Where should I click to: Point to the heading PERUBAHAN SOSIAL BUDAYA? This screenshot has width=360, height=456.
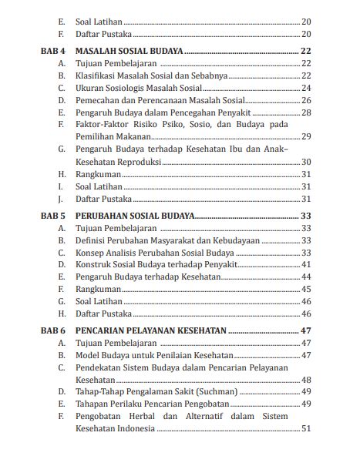tap(135, 216)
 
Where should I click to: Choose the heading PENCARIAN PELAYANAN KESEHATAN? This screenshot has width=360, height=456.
tap(151, 330)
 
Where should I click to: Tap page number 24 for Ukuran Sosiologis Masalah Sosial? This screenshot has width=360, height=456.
tap(305, 88)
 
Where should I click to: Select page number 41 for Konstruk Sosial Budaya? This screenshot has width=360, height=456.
tap(305, 264)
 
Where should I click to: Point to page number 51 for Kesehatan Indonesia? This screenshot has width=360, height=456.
tap(305, 428)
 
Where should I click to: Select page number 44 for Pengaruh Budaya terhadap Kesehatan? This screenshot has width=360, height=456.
tap(305, 277)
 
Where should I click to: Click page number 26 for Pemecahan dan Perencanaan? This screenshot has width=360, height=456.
tap(305, 100)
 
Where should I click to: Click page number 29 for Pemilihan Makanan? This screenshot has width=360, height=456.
tap(305, 136)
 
